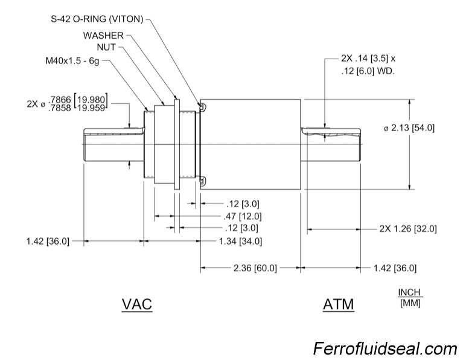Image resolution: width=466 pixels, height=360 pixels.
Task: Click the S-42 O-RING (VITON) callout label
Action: pyautogui.click(x=97, y=19)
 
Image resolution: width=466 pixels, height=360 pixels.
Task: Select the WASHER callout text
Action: pyautogui.click(x=104, y=35)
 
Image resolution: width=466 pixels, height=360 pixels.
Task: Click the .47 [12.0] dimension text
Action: pyautogui.click(x=239, y=216)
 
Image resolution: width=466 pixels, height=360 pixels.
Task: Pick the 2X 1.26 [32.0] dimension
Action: pyautogui.click(x=407, y=229)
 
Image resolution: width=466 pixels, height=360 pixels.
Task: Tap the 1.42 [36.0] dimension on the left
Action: pyautogui.click(x=48, y=241)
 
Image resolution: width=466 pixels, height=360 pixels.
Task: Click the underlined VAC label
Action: pyautogui.click(x=137, y=304)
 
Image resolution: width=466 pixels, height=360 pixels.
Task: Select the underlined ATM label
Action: pyautogui.click(x=338, y=304)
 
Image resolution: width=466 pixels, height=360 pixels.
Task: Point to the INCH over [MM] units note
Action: pyautogui.click(x=410, y=298)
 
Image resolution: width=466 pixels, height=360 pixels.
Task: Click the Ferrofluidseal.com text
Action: pyautogui.click(x=385, y=349)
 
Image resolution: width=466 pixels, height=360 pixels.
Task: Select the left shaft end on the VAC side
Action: pyautogui.click(x=112, y=144)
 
